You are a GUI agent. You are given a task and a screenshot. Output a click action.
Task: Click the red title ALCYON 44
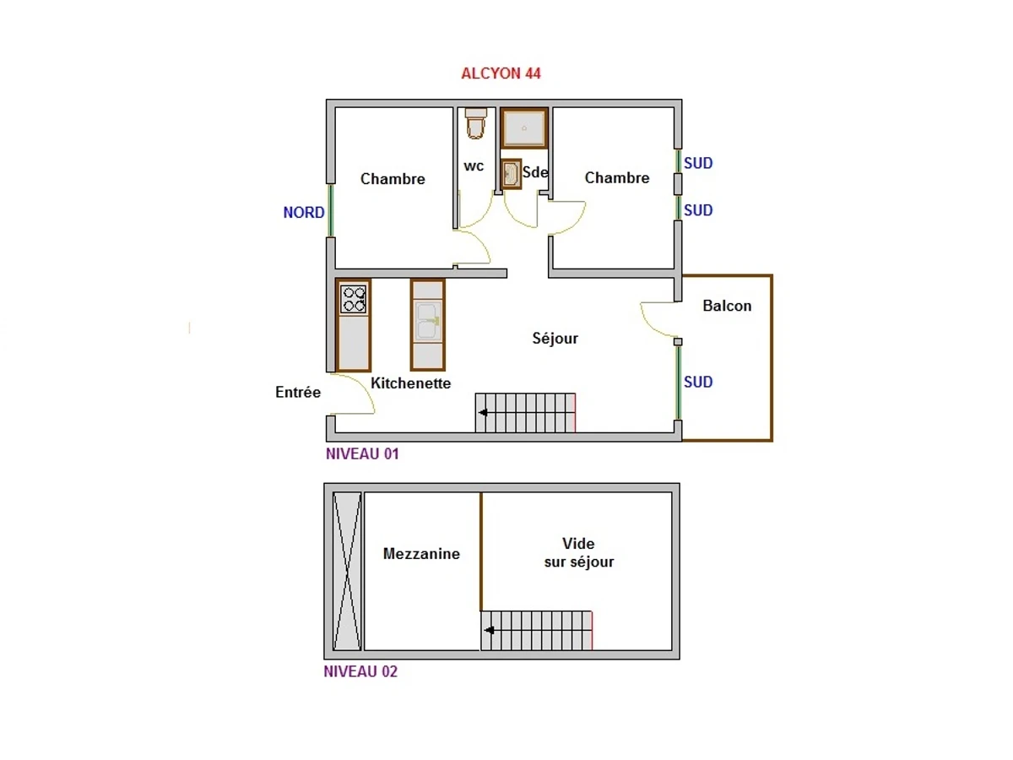click(501, 73)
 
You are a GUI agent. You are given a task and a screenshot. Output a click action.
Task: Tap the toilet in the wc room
click(476, 123)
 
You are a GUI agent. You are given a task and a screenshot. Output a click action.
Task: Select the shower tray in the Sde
click(524, 128)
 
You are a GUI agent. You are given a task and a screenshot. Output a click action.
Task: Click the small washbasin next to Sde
click(511, 175)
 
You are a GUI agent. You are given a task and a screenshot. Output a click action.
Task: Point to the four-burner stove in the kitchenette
click(354, 299)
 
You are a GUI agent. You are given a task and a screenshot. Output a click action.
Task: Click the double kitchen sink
click(427, 322)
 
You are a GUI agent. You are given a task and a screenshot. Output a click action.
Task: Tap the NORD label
click(303, 213)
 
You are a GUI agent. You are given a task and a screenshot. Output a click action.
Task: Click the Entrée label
click(298, 392)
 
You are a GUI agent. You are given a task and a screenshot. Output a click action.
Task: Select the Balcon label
click(727, 306)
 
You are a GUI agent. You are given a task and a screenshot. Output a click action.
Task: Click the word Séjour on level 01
click(555, 339)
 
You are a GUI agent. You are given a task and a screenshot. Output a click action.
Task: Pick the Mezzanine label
click(421, 554)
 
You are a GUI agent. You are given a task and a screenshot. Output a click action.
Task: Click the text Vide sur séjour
click(579, 552)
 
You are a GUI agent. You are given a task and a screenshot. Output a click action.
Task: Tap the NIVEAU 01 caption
click(362, 453)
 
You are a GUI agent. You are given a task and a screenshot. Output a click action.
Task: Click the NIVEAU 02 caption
click(360, 672)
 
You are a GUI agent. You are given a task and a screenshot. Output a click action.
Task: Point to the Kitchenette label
click(411, 383)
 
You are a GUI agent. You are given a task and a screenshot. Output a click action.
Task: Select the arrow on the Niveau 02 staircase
click(489, 630)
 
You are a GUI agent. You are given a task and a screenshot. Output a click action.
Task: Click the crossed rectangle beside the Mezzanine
click(347, 571)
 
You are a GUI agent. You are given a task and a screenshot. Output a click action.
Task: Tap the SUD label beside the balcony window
click(698, 382)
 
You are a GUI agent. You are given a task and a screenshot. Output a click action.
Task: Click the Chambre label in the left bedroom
click(393, 179)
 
